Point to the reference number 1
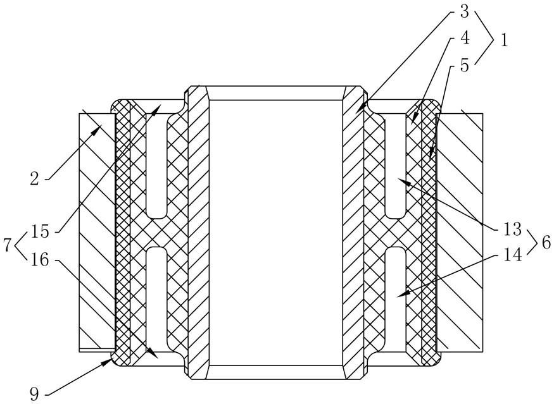pyautogui.click(x=505, y=40)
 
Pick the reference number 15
pyautogui.click(x=40, y=231)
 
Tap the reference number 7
pyautogui.click(x=8, y=245)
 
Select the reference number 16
pyautogui.click(x=40, y=259)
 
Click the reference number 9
pyautogui.click(x=34, y=395)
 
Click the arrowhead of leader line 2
pyautogui.click(x=101, y=126)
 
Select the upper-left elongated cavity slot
pyautogui.click(x=156, y=161)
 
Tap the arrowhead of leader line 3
pyautogui.click(x=356, y=113)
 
